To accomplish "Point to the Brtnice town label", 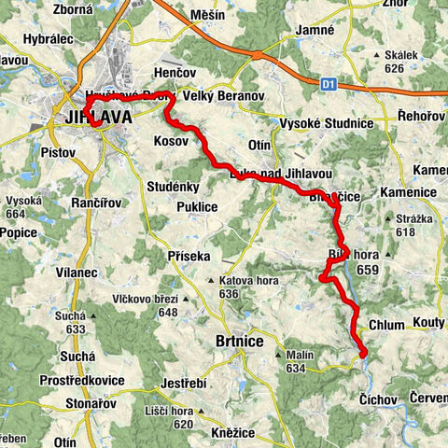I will (240, 342).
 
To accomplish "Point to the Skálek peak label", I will (402, 56).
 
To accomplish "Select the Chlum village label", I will (387, 325).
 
